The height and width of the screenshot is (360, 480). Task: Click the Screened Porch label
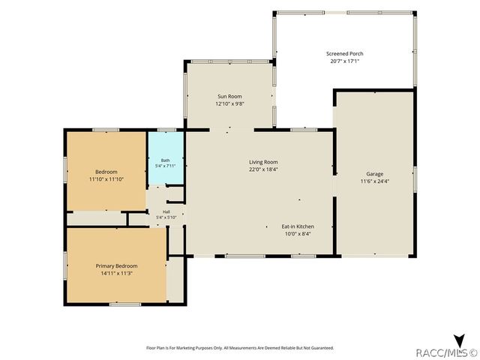click(345, 53)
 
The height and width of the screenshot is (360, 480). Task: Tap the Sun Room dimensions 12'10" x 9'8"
click(229, 103)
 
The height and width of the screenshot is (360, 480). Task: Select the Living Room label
click(263, 162)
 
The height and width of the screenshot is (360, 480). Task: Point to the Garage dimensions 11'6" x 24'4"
click(375, 181)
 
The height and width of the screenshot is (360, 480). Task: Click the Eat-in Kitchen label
click(298, 226)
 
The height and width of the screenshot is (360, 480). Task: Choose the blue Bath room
click(166, 158)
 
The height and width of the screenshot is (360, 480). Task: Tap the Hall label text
click(166, 211)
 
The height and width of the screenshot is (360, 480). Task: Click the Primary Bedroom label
click(117, 266)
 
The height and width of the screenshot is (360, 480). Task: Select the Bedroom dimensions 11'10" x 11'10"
click(106, 179)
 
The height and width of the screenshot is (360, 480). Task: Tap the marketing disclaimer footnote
click(240, 348)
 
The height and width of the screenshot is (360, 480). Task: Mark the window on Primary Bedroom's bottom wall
click(125, 304)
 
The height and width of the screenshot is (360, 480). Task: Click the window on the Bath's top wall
click(166, 130)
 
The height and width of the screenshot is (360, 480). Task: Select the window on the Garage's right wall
click(415, 179)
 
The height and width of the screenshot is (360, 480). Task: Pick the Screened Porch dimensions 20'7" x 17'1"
click(345, 61)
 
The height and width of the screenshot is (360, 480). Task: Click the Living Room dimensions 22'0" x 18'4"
click(263, 169)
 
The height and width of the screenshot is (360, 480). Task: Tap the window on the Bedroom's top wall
click(106, 130)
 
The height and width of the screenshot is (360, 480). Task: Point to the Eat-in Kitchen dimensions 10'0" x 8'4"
click(298, 234)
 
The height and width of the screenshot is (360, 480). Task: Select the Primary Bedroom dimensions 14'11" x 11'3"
click(117, 273)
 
